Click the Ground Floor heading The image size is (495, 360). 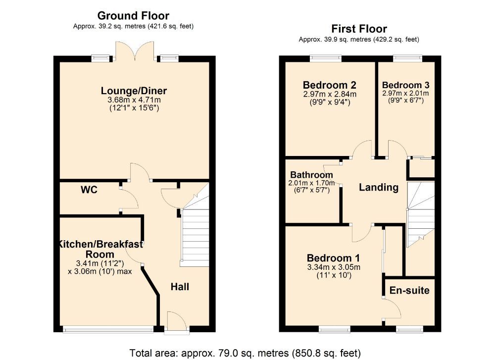point(133,16)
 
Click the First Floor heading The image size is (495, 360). point(359,29)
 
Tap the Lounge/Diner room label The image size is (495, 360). point(134,91)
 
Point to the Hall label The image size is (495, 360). point(180,287)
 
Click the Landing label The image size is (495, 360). point(378,187)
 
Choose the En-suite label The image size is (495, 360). point(409,290)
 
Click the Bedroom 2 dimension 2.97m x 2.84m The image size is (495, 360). point(330,94)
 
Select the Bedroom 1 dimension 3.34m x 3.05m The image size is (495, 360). point(333,267)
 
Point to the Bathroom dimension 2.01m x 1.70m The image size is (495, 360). point(310,183)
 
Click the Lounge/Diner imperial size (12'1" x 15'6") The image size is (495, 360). point(134,107)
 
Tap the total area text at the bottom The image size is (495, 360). point(245,353)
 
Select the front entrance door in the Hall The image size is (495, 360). point(176,321)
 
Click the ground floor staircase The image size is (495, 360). point(195,233)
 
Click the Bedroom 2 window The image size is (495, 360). point(325,58)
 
